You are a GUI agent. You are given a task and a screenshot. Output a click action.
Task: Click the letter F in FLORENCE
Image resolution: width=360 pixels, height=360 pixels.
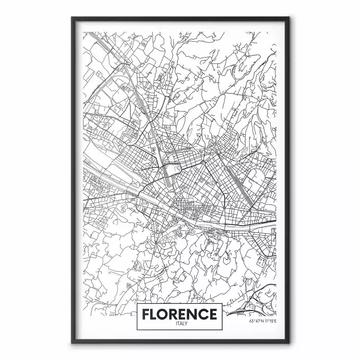[x=146, y=315]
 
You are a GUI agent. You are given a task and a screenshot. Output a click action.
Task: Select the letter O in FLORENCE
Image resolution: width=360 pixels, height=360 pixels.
[x=166, y=315]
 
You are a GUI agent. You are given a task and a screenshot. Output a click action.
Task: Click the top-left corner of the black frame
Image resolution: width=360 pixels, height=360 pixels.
[x=72, y=18]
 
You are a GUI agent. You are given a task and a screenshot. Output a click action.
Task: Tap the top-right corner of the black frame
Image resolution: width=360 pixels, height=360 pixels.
[x=288, y=18]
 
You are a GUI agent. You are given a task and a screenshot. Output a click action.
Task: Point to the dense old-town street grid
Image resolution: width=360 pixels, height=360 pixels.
[x=185, y=206]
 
